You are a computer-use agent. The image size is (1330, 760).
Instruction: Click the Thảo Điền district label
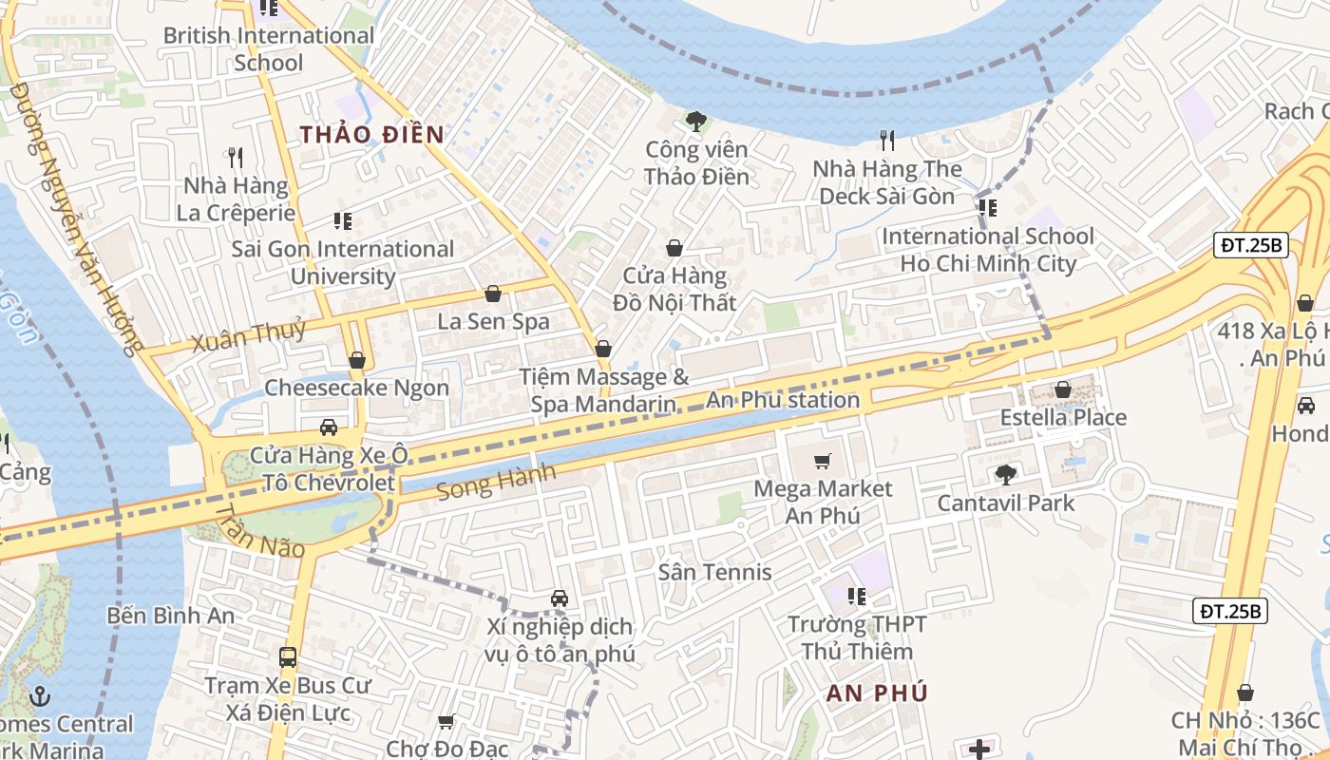pyautogui.click(x=372, y=134)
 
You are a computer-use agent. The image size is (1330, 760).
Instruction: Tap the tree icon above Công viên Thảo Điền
pyautogui.click(x=696, y=121)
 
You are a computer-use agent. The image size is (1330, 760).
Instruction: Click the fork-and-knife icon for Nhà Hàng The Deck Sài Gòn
pyautogui.click(x=887, y=141)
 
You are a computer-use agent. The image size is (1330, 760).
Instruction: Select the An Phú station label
pyautogui.click(x=782, y=400)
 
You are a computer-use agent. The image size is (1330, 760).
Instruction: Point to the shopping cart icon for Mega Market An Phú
pyautogui.click(x=823, y=462)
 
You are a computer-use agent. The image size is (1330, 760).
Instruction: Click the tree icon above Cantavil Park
pyautogui.click(x=1005, y=475)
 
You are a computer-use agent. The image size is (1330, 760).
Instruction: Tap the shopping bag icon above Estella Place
pyautogui.click(x=1063, y=389)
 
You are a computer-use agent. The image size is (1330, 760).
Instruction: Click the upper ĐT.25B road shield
pyautogui.click(x=1252, y=245)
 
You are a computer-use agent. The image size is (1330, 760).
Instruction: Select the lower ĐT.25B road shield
pyautogui.click(x=1230, y=611)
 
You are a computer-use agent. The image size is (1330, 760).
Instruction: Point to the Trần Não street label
pyautogui.click(x=258, y=532)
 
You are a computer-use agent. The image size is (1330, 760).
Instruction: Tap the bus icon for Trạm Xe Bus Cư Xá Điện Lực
pyautogui.click(x=288, y=656)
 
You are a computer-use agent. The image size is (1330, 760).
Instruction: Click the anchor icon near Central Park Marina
pyautogui.click(x=39, y=696)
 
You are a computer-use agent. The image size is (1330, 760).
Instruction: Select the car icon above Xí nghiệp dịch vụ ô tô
pyautogui.click(x=560, y=598)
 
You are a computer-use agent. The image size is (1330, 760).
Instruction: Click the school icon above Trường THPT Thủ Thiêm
pyautogui.click(x=856, y=597)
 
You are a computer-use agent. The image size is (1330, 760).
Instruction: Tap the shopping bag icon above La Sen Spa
pyautogui.click(x=492, y=294)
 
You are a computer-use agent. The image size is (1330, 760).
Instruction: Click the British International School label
pyautogui.click(x=269, y=49)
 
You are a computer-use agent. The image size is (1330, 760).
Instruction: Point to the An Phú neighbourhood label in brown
pyautogui.click(x=876, y=693)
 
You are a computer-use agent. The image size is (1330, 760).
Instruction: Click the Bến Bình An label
pyautogui.click(x=171, y=615)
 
